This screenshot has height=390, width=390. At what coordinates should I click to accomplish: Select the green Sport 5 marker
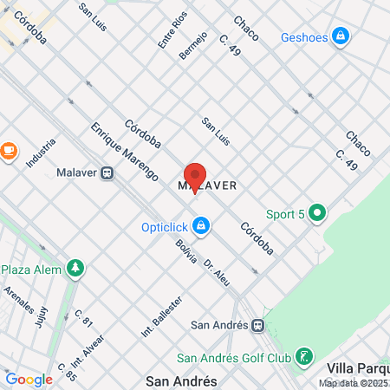318,212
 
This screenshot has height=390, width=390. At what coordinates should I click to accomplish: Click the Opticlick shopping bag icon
201,227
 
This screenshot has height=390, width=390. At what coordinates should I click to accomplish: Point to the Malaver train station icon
107,172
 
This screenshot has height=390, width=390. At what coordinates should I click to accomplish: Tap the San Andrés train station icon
258,327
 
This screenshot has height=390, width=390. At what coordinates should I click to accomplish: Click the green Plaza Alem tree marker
77,269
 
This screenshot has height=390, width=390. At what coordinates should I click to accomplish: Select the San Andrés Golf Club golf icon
303,356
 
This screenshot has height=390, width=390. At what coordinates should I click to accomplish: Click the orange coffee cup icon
9,150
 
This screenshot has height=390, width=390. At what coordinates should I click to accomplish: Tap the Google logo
29,379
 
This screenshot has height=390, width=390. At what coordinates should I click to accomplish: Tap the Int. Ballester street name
159,317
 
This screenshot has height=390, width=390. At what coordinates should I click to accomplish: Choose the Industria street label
41,153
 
